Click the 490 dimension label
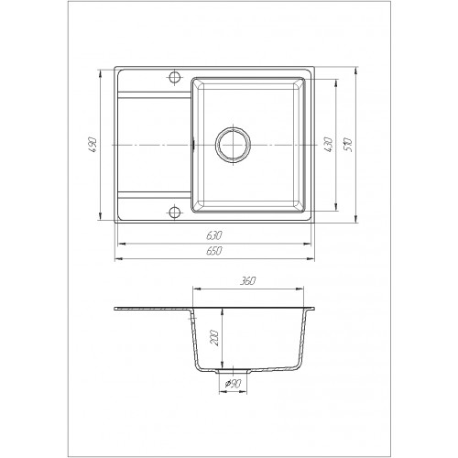94,145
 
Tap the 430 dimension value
328,145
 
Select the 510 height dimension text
348,145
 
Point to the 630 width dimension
214,235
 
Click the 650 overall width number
214,251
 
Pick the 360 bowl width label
247,280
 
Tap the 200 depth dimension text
215,337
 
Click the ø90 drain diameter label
234,383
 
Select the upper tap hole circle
174,77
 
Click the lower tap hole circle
174,212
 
